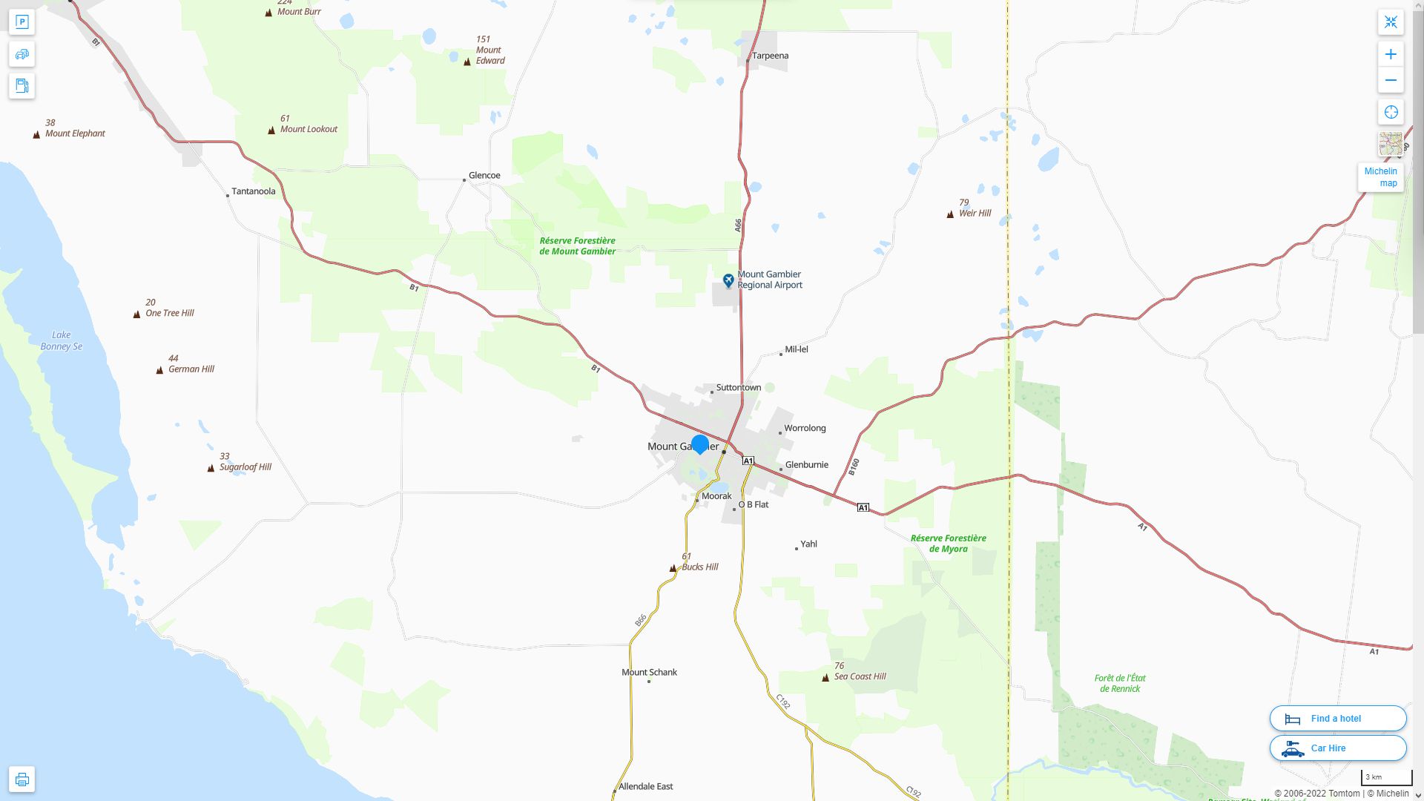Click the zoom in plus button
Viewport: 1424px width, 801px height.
[1391, 54]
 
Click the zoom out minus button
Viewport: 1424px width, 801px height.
[1391, 80]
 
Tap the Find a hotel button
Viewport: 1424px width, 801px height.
[1337, 718]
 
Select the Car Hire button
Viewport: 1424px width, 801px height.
[1337, 748]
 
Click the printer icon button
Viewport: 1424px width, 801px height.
[22, 779]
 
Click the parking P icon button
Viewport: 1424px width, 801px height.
[22, 22]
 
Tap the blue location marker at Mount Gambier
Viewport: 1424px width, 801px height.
[699, 444]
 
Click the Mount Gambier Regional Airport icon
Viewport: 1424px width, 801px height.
[728, 280]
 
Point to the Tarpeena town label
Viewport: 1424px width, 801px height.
[770, 56]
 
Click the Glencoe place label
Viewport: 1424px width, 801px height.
[484, 176]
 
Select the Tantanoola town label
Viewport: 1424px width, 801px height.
[253, 191]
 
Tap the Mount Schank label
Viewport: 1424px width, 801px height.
[649, 672]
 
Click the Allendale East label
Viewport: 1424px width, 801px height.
[645, 786]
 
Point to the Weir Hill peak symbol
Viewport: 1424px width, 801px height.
[950, 214]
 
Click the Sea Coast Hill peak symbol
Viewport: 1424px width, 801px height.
[825, 677]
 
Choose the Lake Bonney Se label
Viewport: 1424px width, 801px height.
[62, 340]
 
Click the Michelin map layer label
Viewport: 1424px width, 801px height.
[1380, 177]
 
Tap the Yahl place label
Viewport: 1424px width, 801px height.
[808, 544]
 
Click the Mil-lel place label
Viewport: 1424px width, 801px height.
[796, 349]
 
